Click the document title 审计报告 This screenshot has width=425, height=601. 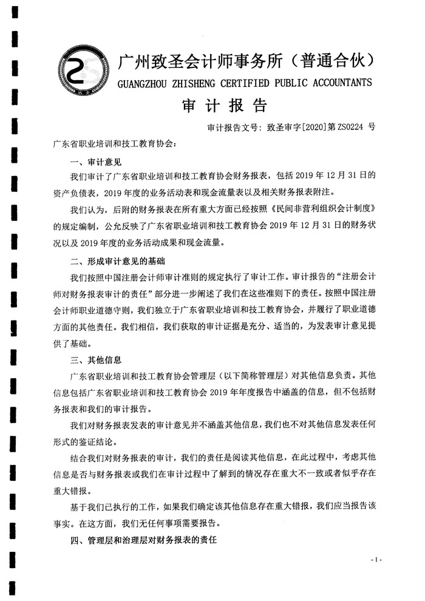coord(225,106)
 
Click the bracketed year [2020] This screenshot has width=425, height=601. coord(314,128)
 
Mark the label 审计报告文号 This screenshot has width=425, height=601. coord(233,128)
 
